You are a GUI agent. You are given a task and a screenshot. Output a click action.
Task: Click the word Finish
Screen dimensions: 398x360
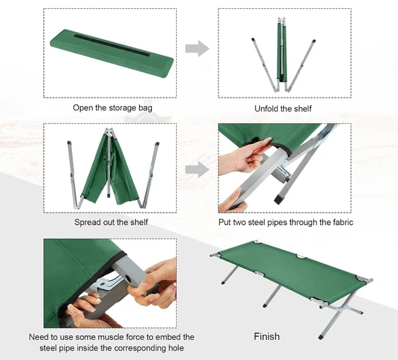coord(267,336)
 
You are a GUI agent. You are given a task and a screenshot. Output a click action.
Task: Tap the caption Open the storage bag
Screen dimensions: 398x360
coord(113,108)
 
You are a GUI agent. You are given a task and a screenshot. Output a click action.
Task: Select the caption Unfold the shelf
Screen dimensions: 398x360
coord(283,109)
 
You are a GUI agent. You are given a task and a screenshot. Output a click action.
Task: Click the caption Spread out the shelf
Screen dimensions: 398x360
coord(111,222)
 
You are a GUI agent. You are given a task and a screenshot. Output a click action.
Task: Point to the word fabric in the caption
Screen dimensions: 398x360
coord(343,222)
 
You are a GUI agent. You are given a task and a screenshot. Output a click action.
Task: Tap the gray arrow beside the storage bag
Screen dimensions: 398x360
coord(197,48)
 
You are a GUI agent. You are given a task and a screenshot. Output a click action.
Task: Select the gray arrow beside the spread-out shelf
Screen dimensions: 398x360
coord(197,170)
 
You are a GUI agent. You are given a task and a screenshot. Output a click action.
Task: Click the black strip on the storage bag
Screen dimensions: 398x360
coord(112,46)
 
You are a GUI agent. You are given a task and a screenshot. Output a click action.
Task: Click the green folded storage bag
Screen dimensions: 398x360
coord(112,53)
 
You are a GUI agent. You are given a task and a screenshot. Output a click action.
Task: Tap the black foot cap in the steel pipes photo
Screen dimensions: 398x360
coord(280,199)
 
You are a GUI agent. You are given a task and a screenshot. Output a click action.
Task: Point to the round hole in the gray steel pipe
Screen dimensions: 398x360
coord(128,279)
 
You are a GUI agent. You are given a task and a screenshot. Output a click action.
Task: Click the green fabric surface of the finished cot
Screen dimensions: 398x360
coord(292,271)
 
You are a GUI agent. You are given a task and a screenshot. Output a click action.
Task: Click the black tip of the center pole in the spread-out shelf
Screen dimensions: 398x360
coord(109,196)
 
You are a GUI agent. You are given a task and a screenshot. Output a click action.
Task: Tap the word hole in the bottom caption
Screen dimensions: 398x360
coord(176,347)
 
